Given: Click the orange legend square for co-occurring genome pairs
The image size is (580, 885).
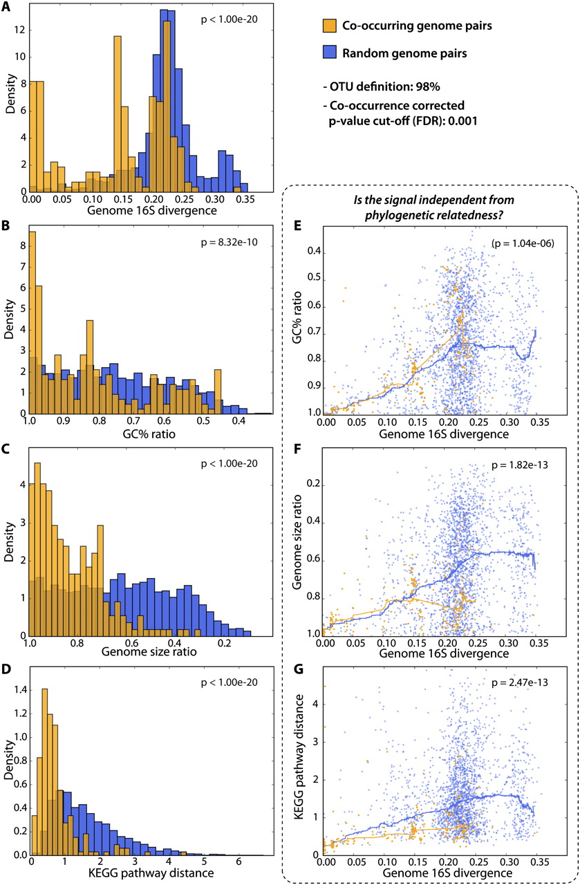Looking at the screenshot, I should [330, 26].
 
